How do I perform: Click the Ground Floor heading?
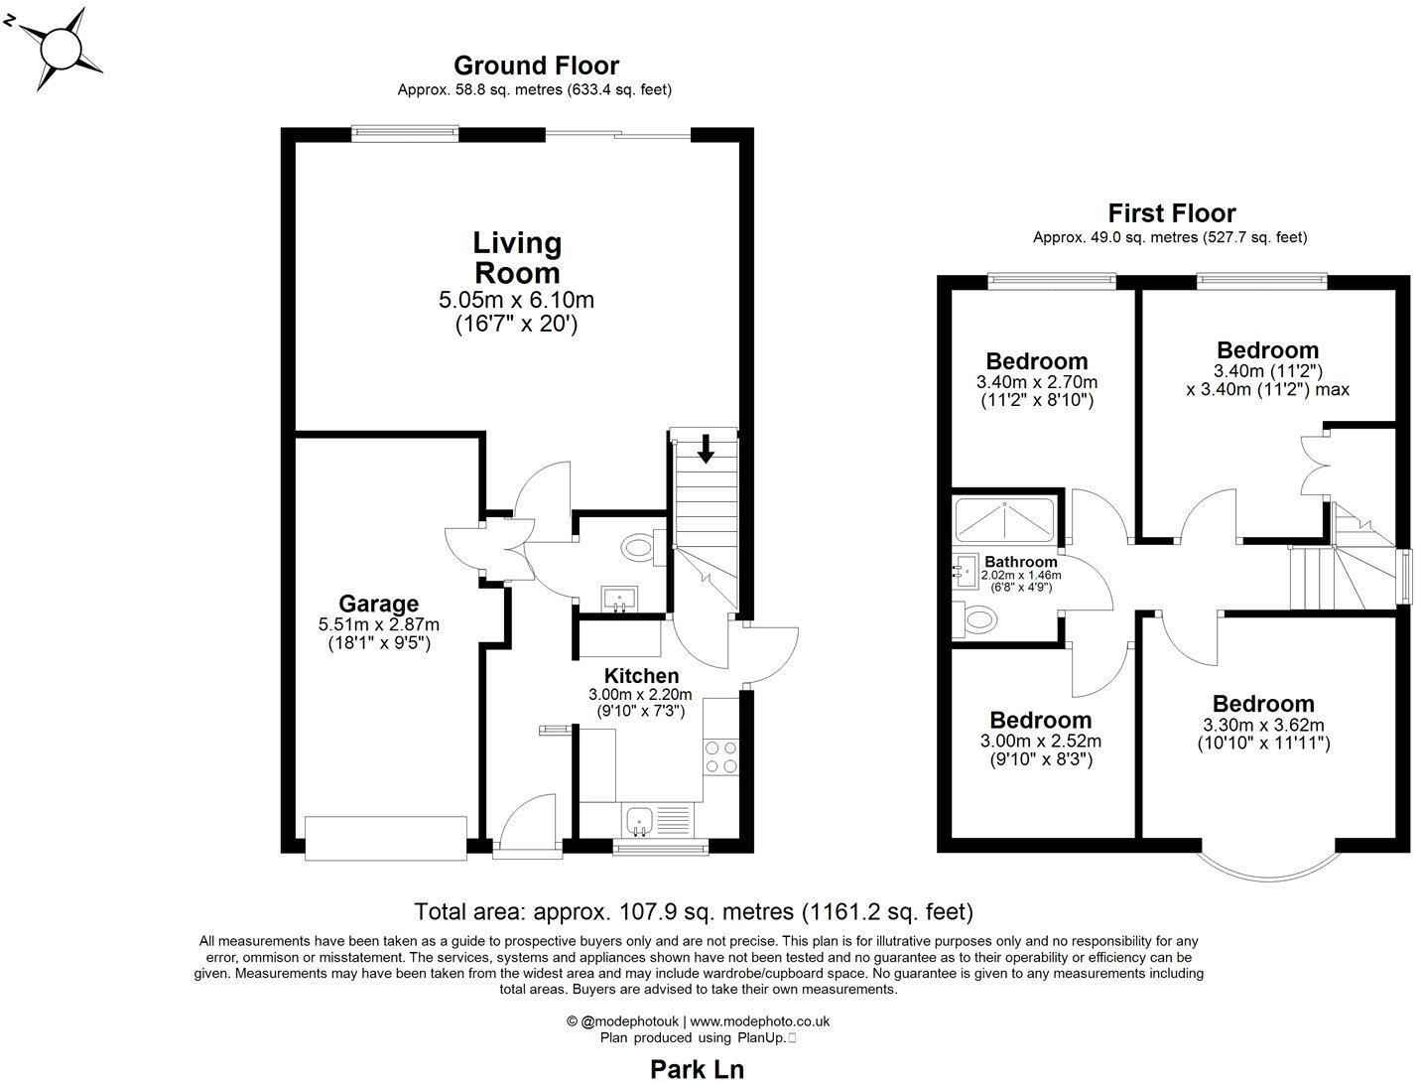536,66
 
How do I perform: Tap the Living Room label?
516,257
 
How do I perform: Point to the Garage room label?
378,604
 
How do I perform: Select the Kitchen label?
641,676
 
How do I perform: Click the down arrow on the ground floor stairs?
706,449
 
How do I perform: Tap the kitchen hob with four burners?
721,757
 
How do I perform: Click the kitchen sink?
638,821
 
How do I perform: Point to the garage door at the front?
386,839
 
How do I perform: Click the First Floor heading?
1171,213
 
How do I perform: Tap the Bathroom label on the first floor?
1020,562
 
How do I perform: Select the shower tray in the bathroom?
1004,517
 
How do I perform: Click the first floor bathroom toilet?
976,620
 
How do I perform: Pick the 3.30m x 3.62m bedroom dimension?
1262,725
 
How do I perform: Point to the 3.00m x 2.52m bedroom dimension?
1040,741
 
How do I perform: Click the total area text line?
693,911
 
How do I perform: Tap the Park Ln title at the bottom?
697,1068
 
